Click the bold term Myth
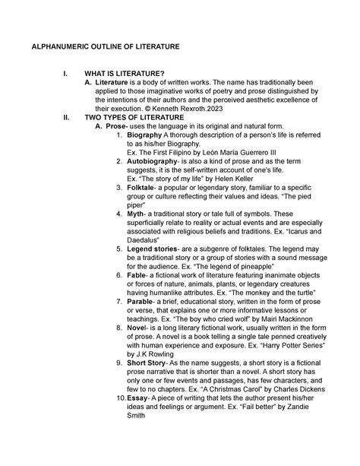pyautogui.click(x=135, y=214)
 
